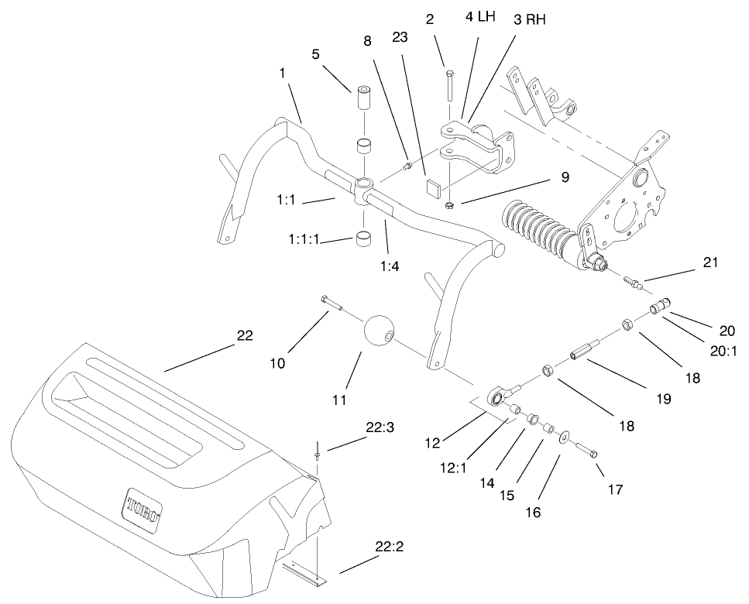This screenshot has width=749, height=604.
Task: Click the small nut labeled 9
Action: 449,205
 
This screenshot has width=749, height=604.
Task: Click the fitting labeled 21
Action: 634,283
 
